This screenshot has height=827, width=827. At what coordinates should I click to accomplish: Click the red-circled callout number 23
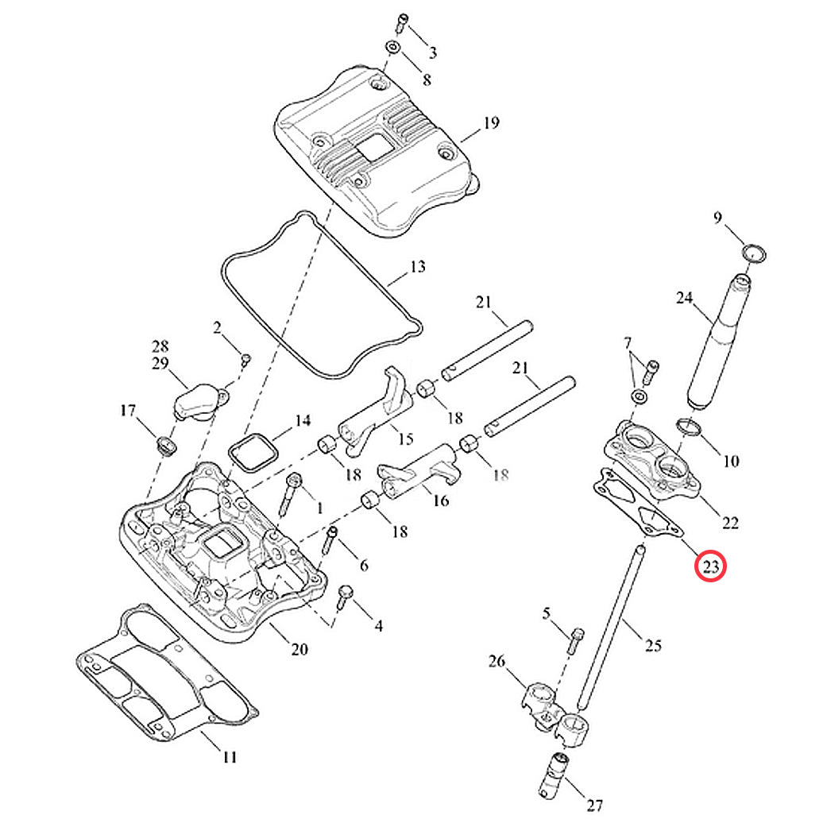(710, 566)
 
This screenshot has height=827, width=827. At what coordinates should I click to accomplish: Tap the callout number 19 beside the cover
(491, 123)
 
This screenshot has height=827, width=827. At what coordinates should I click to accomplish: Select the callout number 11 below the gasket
(229, 757)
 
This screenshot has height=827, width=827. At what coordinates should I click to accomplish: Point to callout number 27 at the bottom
(595, 806)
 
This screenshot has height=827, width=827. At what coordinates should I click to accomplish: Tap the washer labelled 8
(394, 48)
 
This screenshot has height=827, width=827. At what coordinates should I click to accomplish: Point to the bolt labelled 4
(346, 596)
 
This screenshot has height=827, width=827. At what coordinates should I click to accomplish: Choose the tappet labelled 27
(553, 775)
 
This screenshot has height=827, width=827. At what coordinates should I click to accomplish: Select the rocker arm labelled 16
(416, 481)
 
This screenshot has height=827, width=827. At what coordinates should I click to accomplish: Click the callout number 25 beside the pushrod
(652, 646)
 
